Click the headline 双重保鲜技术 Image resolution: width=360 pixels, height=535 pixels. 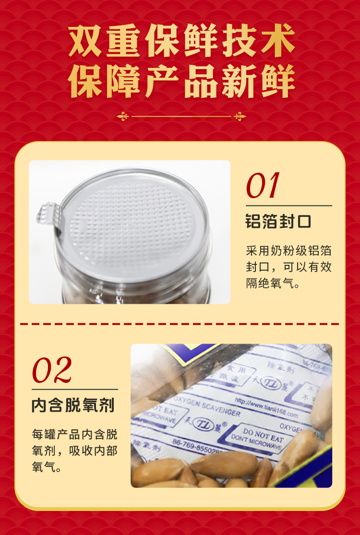(x=181, y=42)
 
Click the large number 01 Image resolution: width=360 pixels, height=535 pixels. (x=262, y=186)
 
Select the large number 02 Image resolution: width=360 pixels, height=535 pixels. (x=51, y=369)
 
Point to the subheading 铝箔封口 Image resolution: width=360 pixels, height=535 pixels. (x=278, y=222)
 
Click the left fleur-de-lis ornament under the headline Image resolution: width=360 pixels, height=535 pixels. (x=123, y=116)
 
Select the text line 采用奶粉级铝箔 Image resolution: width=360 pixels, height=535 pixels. (x=288, y=251)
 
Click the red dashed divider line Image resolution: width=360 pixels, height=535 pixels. (x=180, y=324)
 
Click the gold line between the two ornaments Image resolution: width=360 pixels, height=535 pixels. (x=181, y=116)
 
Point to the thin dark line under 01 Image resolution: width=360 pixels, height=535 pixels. (x=288, y=205)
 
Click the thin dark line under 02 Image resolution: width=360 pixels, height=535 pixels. (x=74, y=389)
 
